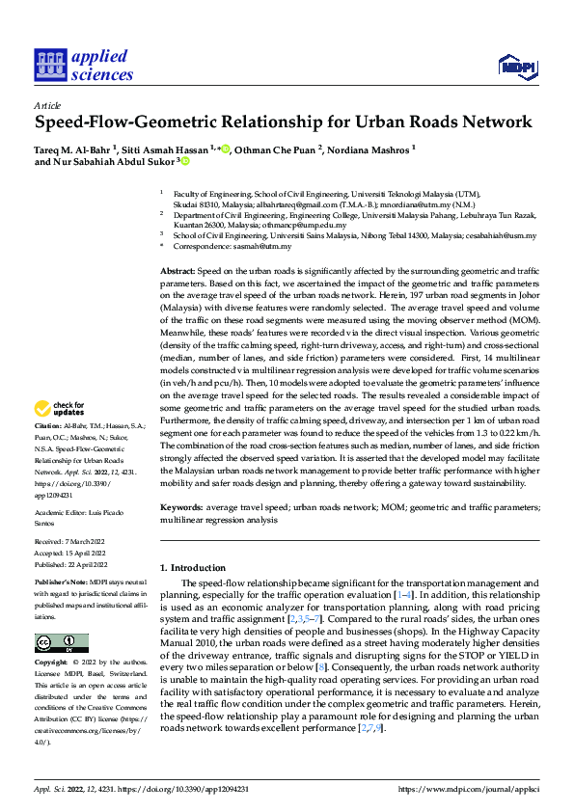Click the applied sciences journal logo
tap(84, 66)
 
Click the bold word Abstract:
tap(178, 274)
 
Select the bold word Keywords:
tap(181, 507)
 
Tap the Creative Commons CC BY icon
tap(62, 643)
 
